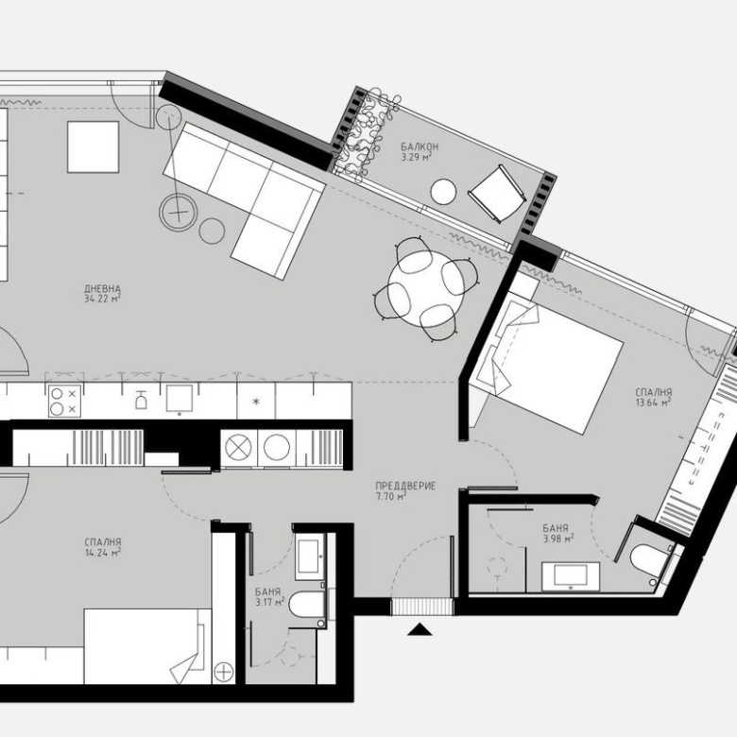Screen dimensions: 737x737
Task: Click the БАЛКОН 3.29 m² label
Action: coord(419,152)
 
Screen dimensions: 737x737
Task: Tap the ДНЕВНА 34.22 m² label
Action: coord(102,294)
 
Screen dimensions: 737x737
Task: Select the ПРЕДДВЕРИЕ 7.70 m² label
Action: coord(404,490)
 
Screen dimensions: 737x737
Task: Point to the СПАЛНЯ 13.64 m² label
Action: coord(653,397)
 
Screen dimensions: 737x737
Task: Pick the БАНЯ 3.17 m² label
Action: coord(269,596)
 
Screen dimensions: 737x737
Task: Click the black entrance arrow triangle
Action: coord(419,629)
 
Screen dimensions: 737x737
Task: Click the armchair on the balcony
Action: coord(498,192)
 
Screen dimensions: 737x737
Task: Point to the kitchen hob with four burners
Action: coord(63,402)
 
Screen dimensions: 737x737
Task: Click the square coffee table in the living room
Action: coord(93,147)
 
